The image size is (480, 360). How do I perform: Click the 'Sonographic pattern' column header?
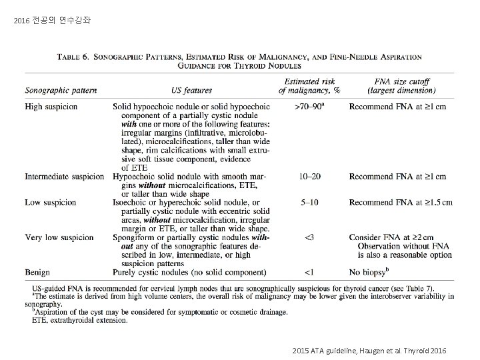61,90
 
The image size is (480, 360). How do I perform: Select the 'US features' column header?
191,90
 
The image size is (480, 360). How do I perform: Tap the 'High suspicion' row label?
51,107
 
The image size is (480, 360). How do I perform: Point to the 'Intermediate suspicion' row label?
65,177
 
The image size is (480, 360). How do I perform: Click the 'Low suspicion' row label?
51,202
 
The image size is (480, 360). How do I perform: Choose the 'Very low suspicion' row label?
59,237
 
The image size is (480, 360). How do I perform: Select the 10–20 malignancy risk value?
309,177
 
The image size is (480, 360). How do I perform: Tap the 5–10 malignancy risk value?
309,202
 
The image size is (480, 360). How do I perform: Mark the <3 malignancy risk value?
309,237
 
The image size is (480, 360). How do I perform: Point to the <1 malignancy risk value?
309,272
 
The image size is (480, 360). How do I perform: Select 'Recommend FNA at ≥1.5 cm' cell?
401,202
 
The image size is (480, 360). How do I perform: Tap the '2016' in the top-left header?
21,21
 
